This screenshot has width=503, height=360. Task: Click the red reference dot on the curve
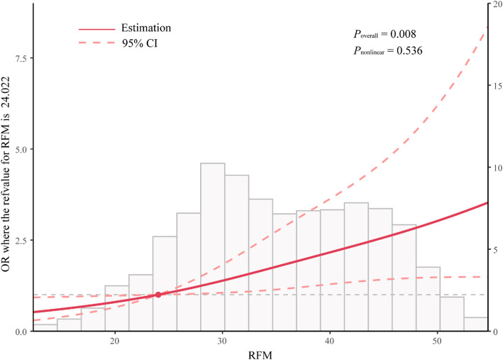(x=158, y=295)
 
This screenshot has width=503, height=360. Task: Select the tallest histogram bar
(x=213, y=247)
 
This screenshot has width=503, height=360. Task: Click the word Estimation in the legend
(x=146, y=28)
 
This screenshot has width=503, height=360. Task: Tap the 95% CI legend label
(x=140, y=43)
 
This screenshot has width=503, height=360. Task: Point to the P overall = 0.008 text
(x=385, y=34)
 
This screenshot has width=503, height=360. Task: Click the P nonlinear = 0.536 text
(x=388, y=50)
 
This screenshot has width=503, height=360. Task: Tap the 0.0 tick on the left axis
(x=21, y=332)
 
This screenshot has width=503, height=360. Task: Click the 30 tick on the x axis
(x=222, y=341)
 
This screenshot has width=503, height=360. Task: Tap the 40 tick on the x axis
(x=329, y=341)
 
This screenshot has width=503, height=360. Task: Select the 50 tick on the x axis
(x=437, y=341)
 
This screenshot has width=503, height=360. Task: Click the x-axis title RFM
(x=260, y=355)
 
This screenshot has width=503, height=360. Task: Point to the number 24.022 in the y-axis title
(x=6, y=97)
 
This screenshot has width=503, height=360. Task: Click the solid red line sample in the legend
(x=97, y=29)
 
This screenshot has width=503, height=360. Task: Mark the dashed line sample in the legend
(x=97, y=43)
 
